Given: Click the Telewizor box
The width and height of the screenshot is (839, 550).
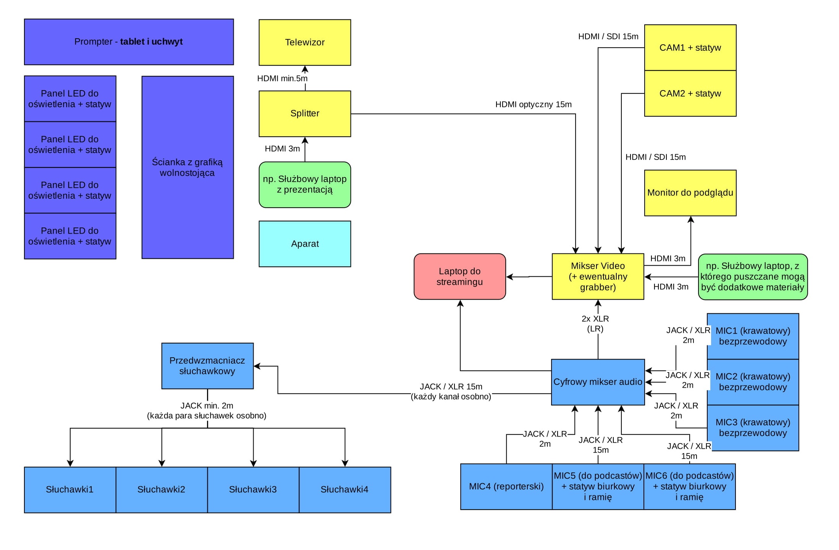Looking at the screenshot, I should point(305,42).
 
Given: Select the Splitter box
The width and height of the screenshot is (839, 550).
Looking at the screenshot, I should point(305,113).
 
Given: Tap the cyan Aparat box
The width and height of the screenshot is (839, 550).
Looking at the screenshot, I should point(305,244).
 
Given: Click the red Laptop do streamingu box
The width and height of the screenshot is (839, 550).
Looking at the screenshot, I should point(459,276).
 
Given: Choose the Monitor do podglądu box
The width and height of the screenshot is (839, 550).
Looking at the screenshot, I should point(690,193).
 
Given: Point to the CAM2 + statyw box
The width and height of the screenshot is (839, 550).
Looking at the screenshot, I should point(690,94).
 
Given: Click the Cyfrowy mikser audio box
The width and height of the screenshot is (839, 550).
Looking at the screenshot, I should point(598,382).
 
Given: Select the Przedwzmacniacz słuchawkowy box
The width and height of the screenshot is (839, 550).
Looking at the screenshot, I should point(207,366).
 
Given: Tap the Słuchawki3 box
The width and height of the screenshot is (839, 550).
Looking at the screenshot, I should point(253,489).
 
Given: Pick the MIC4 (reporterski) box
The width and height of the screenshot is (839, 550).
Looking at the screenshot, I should point(506,486).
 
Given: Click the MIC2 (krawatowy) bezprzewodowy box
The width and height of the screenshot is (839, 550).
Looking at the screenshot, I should point(753,382).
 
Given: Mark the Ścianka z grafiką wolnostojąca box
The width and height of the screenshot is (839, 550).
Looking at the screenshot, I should point(188,167).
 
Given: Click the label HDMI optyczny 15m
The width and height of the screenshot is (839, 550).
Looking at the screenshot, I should point(533,105).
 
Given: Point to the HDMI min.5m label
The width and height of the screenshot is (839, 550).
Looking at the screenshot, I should point(282,79).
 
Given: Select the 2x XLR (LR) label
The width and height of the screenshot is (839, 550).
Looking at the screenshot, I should point(595,324).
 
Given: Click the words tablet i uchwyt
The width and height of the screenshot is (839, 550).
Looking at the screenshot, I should point(151,42).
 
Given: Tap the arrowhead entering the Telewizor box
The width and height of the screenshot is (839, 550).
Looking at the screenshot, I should point(305,69).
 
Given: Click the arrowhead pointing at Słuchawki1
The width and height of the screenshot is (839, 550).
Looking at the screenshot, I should point(70,463).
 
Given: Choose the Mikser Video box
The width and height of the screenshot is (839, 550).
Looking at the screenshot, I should point(598,276).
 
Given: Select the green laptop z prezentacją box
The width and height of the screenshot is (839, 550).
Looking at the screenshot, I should point(305,184).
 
